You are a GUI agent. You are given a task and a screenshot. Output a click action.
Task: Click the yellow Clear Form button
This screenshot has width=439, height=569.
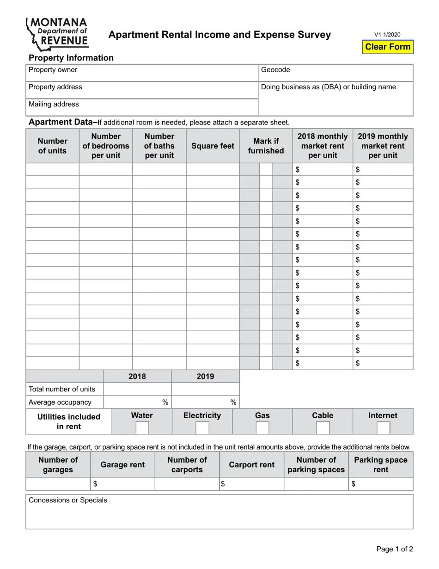388,47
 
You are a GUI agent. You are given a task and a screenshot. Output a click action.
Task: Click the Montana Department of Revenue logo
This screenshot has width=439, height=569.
57,34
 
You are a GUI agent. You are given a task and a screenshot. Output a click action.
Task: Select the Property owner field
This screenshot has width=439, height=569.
142,73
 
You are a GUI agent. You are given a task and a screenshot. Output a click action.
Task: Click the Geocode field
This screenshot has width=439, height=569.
336,73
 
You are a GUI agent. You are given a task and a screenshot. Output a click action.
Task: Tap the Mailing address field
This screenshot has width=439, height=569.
142,107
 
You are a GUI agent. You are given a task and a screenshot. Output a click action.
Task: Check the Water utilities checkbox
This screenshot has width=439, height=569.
142,427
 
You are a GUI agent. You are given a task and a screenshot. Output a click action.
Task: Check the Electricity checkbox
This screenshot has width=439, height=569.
202,427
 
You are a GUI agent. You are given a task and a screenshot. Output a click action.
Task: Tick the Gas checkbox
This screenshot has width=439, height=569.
262,427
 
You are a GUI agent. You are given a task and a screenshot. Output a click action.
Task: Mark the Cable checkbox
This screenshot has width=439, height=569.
323,427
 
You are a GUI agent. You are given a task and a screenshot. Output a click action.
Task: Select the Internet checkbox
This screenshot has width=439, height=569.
383,427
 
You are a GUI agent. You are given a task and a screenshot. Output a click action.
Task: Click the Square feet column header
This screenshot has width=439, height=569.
213,146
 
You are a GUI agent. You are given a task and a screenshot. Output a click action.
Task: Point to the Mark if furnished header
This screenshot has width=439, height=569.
266,146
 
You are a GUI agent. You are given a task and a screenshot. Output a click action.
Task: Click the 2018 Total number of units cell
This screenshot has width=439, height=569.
137,389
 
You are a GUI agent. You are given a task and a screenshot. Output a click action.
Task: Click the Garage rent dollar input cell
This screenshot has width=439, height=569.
123,484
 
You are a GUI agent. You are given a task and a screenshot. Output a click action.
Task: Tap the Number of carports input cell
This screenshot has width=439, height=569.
187,484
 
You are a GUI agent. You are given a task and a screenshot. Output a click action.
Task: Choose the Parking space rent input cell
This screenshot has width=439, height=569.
381,484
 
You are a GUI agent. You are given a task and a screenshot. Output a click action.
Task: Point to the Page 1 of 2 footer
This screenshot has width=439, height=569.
394,549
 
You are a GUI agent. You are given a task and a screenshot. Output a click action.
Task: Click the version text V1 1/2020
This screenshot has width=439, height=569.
387,35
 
